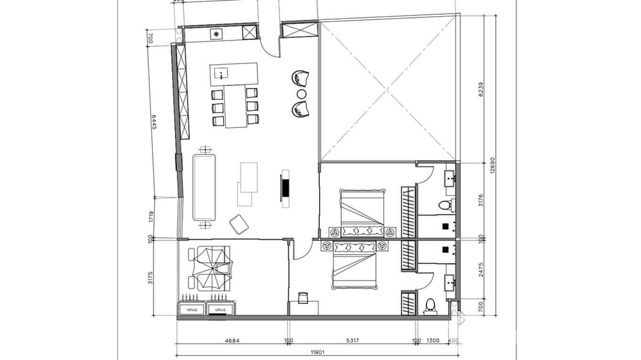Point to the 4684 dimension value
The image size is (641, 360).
(x=232, y=341)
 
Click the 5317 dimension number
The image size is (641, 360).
(x=352, y=341)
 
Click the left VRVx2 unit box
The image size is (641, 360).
(x=191, y=310)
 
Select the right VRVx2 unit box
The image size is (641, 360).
(x=220, y=310)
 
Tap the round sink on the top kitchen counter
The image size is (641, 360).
(x=216, y=33)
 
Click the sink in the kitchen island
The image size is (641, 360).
(x=222, y=74)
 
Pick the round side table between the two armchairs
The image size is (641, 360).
(x=301, y=93)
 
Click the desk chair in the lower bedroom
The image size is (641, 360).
(x=303, y=298)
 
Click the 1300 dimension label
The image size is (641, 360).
(x=433, y=341)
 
